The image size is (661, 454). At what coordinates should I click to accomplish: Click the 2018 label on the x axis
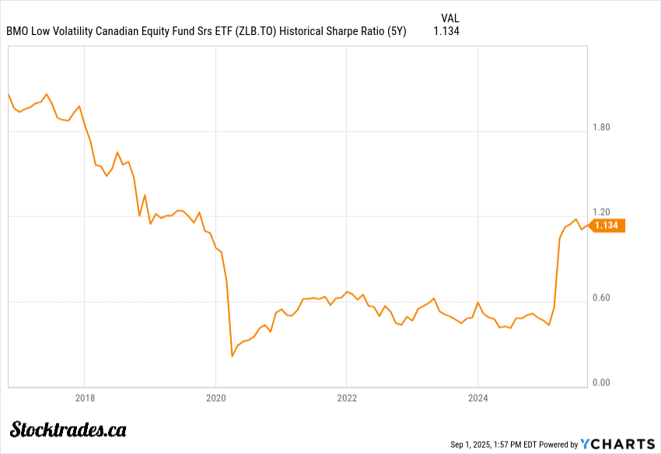[85, 399]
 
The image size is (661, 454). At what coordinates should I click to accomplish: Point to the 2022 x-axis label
[347, 399]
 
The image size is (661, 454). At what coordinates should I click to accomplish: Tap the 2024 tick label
[477, 399]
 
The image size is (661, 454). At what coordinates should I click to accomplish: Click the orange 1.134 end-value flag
[606, 225]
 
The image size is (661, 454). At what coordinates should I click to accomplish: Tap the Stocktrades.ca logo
[68, 429]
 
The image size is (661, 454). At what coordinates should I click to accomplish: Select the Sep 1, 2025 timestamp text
[475, 444]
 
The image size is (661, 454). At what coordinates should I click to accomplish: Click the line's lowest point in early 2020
[232, 356]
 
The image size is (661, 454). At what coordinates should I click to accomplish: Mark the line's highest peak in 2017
[47, 93]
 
